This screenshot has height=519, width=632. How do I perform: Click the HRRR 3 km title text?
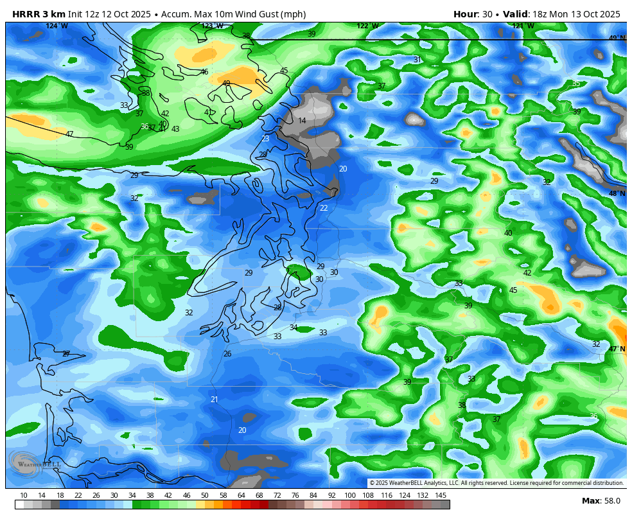pos(38,14)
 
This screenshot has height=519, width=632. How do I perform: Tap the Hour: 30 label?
pos(472,14)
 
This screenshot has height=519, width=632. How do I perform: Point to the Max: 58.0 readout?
pos(600,501)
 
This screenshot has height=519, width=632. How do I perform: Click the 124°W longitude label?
pos(57,26)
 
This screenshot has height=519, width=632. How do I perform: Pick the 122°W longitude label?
pos(367,26)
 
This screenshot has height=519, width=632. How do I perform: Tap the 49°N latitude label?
pos(617,39)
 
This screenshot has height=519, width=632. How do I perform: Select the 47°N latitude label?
pos(617,349)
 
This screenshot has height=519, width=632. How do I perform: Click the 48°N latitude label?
pos(617,194)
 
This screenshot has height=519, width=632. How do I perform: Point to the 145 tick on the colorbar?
pos(441,495)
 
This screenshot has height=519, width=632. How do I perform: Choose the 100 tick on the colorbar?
pos(350,495)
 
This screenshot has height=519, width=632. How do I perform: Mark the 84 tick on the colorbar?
pos(313,495)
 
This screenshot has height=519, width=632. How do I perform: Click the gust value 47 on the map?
pos(69,134)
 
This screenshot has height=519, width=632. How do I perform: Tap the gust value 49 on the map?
pos(226,84)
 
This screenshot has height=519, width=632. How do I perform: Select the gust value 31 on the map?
pos(417,60)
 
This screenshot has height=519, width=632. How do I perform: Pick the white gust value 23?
pos(265,139)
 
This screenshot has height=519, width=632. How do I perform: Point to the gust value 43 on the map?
pos(175,129)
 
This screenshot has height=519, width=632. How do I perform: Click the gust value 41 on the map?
pos(208,112)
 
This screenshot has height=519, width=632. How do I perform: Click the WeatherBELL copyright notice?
pos(496,483)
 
